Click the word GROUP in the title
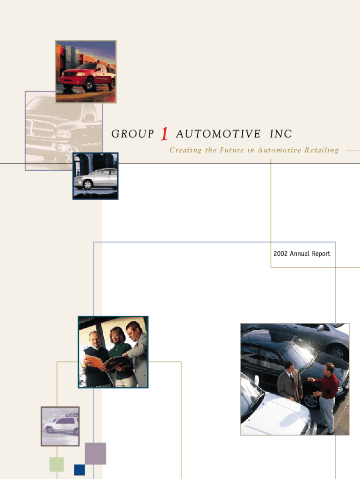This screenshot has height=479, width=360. [133, 134]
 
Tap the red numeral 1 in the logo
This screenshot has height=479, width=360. [164, 134]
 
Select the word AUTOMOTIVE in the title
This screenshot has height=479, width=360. [218, 134]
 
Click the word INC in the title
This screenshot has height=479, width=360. [281, 134]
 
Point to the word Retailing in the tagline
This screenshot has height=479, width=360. [322, 150]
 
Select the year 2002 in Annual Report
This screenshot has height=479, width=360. [281, 254]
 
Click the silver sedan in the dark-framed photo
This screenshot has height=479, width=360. [96, 179]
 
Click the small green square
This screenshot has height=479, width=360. [57, 464]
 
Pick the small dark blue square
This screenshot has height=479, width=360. [79, 470]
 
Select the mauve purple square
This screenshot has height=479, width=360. [95, 453]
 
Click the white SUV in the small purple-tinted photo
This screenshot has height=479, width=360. [61, 425]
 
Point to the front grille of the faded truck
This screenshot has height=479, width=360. [43, 130]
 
